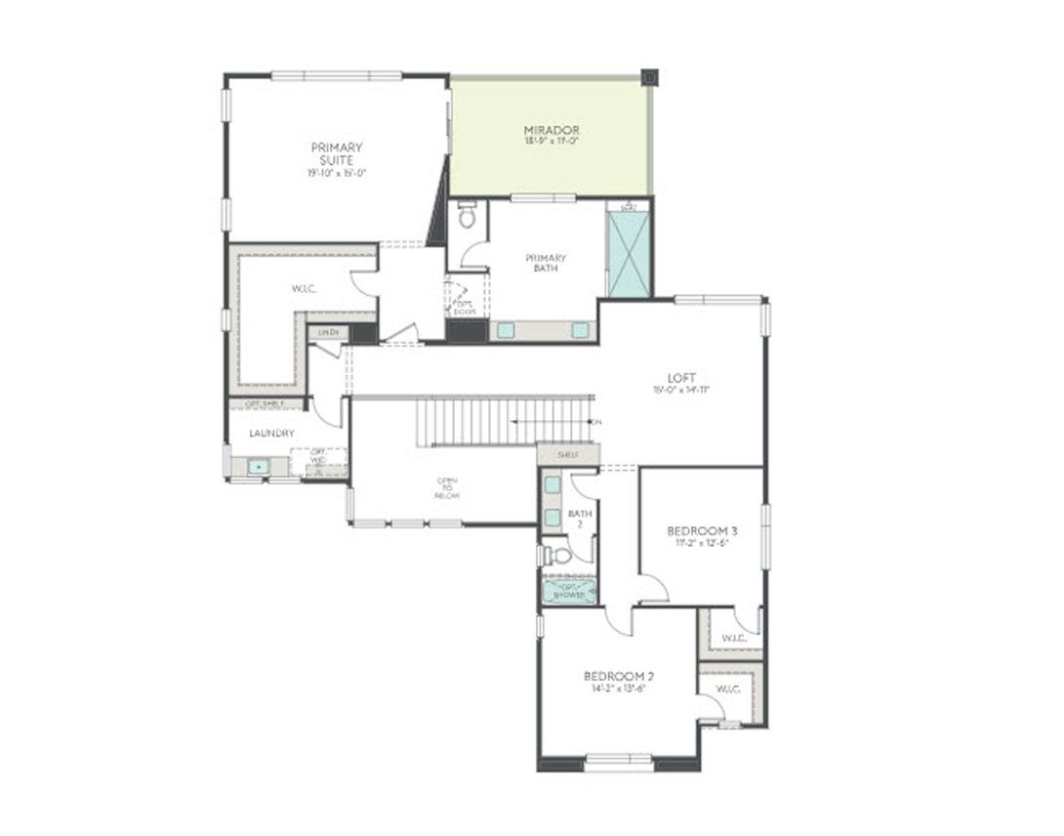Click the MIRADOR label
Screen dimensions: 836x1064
tap(552, 130)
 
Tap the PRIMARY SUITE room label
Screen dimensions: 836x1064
tap(336, 153)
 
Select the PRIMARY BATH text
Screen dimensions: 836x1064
tap(546, 263)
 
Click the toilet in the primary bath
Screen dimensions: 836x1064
tap(467, 216)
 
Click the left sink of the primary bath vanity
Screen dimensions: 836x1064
tap(505, 330)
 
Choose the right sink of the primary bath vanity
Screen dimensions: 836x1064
tap(580, 330)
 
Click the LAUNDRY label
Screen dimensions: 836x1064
tap(271, 433)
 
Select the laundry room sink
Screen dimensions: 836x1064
tap(257, 467)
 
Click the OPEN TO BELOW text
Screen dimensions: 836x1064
tap(447, 487)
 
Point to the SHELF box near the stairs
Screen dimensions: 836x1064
tap(568, 455)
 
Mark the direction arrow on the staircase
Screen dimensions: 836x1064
tap(552, 422)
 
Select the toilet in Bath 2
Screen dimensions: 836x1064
tap(559, 555)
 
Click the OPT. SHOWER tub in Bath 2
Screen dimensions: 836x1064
tap(569, 592)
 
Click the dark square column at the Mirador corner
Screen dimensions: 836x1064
tap(649, 77)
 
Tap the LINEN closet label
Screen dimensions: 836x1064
tap(328, 333)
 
